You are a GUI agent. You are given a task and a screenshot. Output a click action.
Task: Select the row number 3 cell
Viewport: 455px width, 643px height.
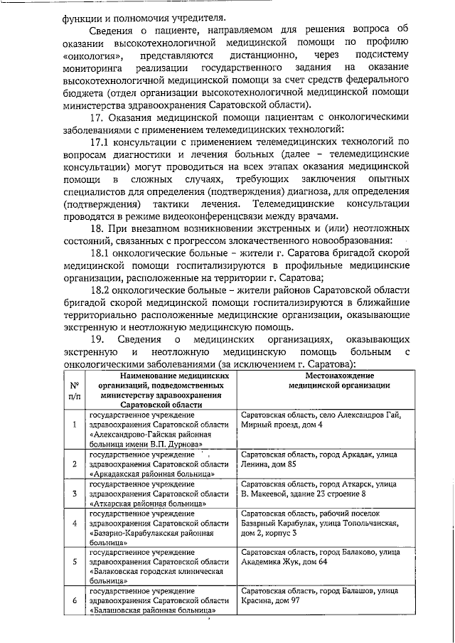pyautogui.click(x=75, y=493)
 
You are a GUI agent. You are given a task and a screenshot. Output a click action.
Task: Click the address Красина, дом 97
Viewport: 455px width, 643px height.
pyautogui.click(x=271, y=600)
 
